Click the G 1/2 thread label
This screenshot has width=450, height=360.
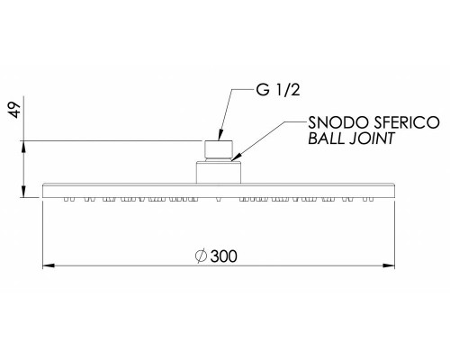[278, 90]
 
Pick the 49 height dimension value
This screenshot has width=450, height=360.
[14, 110]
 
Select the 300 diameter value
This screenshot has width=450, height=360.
[223, 256]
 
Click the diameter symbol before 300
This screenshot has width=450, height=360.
[201, 256]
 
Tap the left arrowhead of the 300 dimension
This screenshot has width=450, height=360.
[49, 265]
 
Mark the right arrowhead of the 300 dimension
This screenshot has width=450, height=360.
[389, 265]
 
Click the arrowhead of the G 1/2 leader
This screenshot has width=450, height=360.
[220, 135]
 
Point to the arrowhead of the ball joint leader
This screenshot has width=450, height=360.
[236, 157]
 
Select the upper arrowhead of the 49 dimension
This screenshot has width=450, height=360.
[23, 147]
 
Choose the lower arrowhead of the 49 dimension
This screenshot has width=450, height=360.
[23, 192]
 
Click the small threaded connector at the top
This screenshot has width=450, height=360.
[219, 149]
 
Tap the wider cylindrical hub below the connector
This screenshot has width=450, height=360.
[219, 173]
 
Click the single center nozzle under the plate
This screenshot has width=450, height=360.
[219, 200]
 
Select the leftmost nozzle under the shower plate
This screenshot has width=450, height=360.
[66, 199]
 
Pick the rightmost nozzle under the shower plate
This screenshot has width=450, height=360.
[372, 199]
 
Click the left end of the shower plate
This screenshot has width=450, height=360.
[43, 191]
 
